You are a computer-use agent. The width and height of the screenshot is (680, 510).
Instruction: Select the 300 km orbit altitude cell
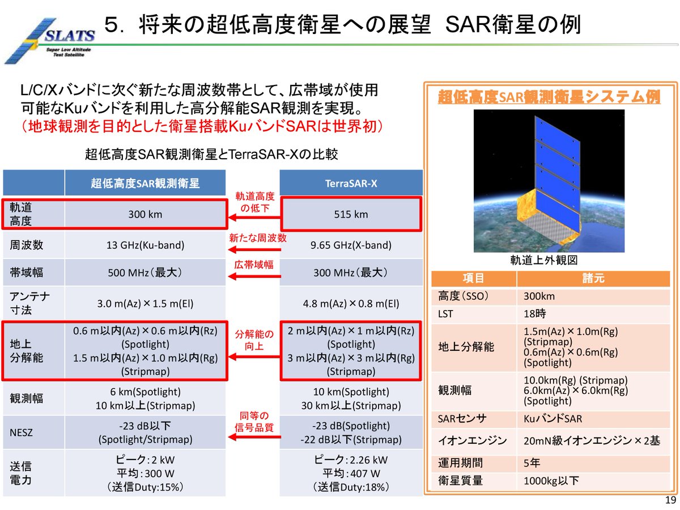click(x=145, y=215)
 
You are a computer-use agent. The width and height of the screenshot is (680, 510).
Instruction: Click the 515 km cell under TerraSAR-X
click(x=351, y=215)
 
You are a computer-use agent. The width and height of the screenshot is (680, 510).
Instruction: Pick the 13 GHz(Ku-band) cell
click(x=145, y=245)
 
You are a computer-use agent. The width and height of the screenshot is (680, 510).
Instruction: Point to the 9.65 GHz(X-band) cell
click(x=351, y=245)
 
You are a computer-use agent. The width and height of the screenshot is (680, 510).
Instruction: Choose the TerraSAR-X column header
click(x=351, y=184)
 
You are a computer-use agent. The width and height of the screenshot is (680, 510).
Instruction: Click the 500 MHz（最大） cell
click(x=145, y=273)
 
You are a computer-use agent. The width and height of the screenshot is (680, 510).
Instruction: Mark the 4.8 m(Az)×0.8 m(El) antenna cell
click(x=351, y=303)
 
